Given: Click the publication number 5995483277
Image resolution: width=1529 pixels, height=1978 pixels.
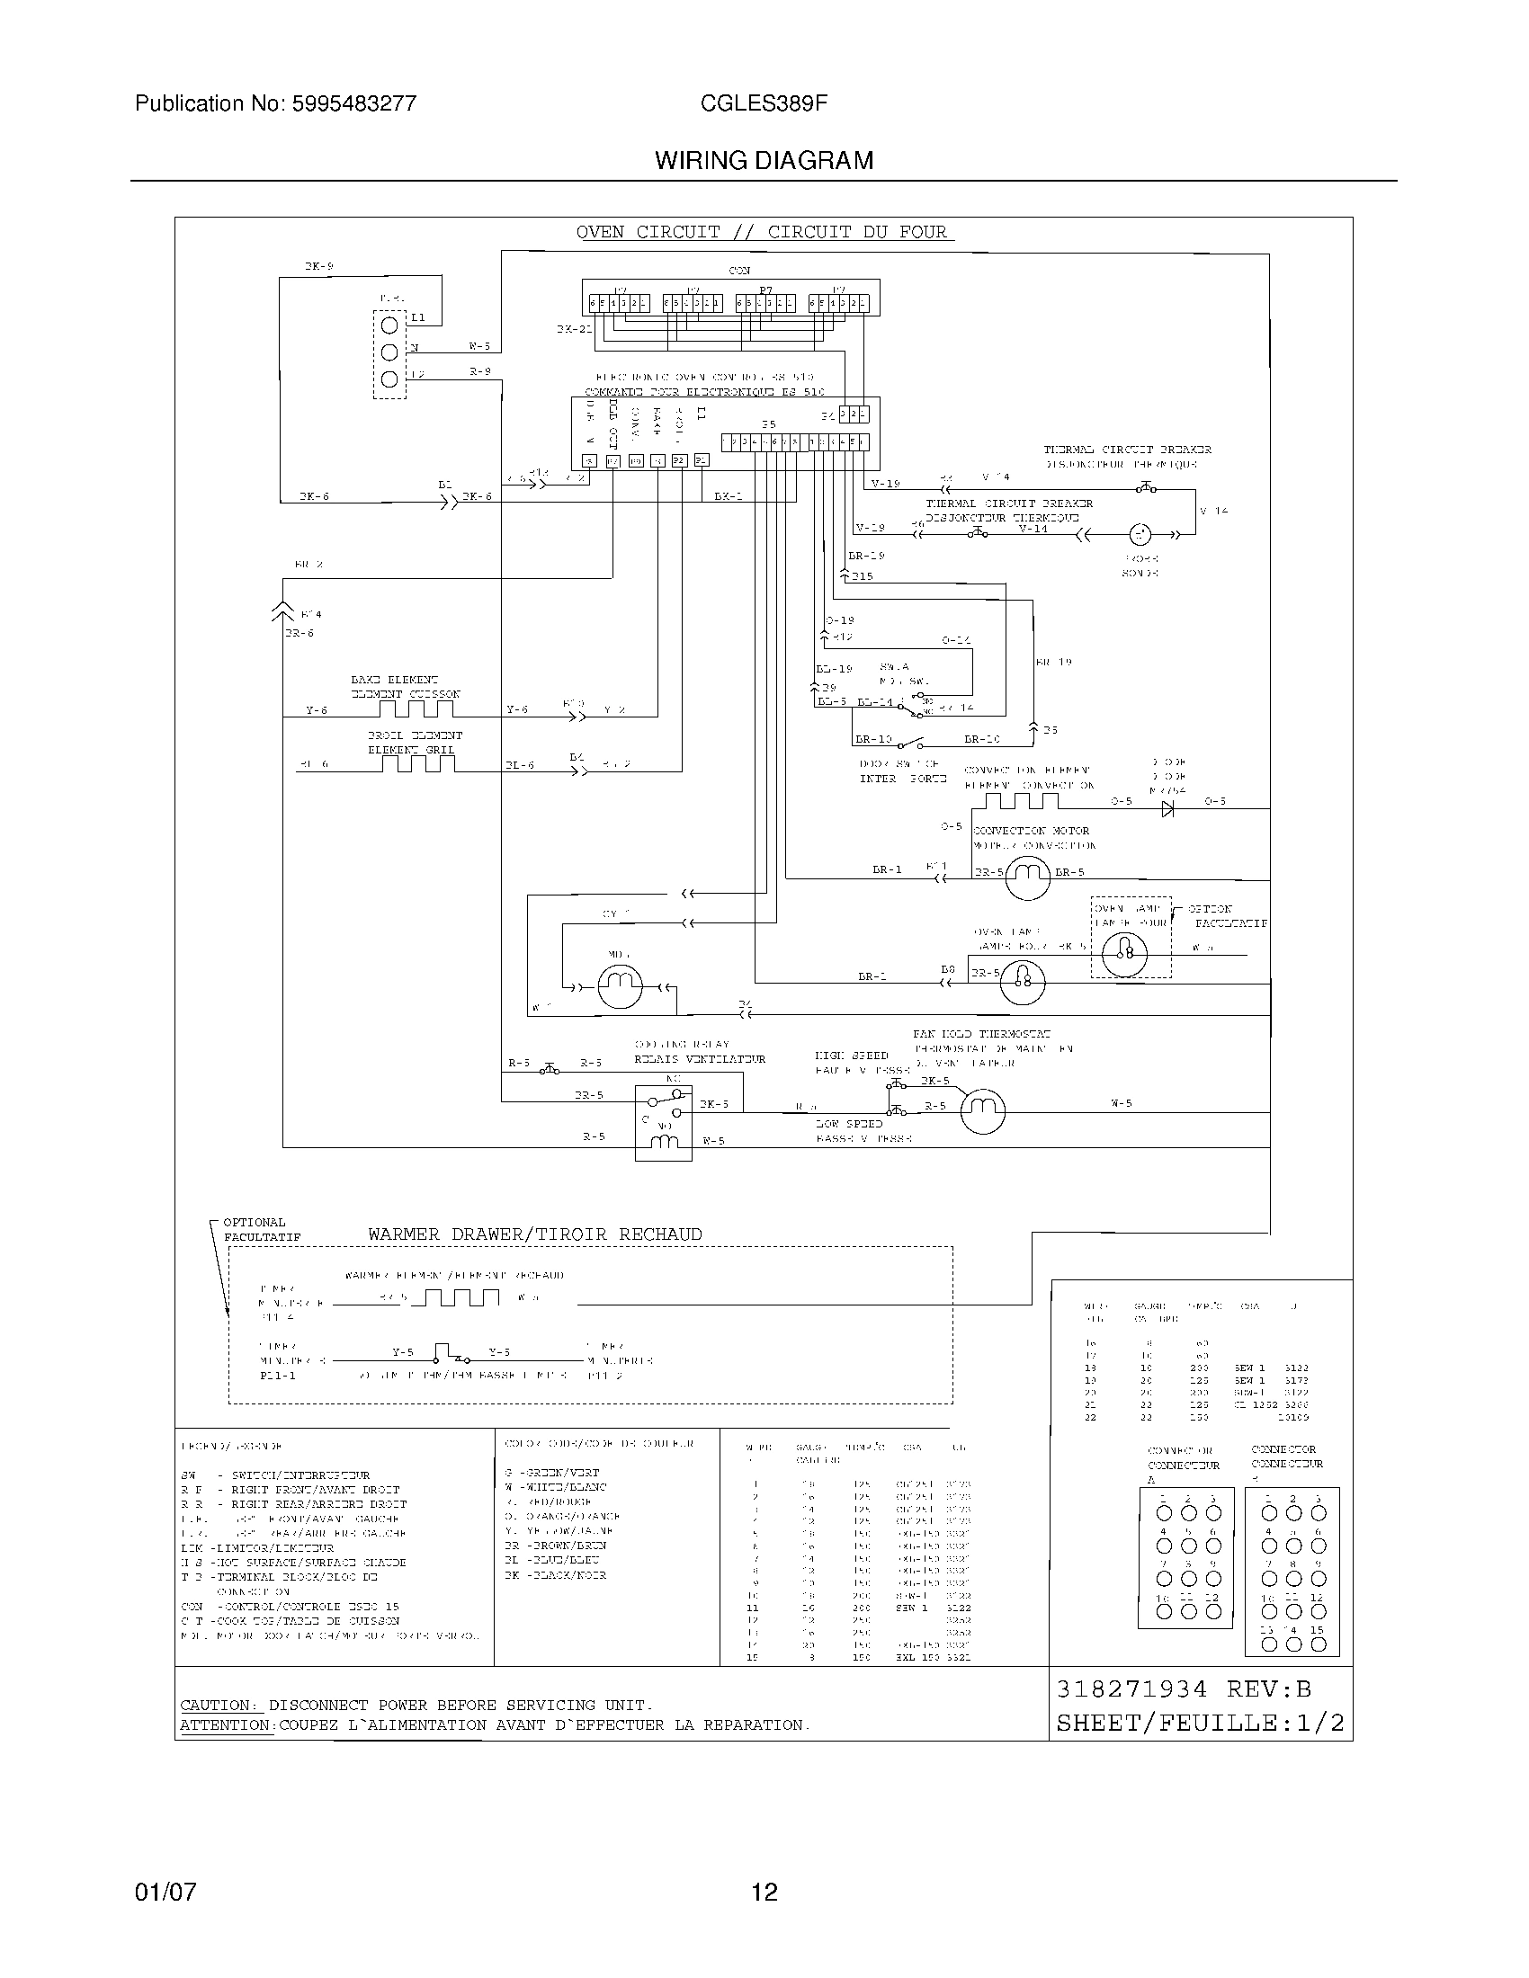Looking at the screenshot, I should tap(354, 103).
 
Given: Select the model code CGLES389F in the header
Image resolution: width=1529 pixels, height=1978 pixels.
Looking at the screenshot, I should tap(764, 103).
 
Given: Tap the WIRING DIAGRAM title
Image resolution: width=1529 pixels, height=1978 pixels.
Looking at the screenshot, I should tap(764, 160).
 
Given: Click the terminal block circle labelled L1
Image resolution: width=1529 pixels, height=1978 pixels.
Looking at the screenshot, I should tap(389, 325).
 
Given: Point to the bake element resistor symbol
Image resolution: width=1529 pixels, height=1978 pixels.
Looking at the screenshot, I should tap(417, 708).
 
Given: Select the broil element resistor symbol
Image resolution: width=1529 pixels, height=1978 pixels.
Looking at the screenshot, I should tap(417, 763).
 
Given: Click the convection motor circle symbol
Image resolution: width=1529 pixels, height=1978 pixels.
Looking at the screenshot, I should tap(1027, 876).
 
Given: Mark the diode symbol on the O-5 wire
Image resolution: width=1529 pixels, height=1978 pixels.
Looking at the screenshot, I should tap(1167, 809).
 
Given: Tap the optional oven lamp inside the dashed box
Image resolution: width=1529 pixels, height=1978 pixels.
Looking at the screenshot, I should tap(1126, 952).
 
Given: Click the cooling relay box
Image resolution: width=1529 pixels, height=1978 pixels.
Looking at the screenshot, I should tap(663, 1122).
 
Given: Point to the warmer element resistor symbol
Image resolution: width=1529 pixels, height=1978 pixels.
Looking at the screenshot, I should tap(462, 1297).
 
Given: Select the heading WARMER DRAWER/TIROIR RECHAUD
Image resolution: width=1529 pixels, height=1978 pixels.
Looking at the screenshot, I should tap(534, 1234).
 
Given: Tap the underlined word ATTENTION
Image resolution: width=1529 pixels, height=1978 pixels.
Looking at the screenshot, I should tap(225, 1725).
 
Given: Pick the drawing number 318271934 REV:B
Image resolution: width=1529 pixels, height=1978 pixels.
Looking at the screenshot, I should tap(1184, 1689).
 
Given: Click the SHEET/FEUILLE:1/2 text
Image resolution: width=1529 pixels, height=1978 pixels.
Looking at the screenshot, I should tap(1200, 1723).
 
